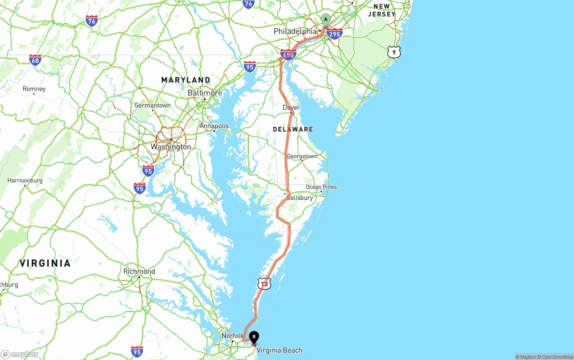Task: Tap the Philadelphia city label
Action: [x=295, y=31]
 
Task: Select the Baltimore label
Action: [x=204, y=93]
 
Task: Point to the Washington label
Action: [x=170, y=147]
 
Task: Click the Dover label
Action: [x=291, y=108]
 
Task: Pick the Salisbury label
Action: [x=300, y=198]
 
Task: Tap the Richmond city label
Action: [x=139, y=271]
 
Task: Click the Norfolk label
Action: [x=232, y=336]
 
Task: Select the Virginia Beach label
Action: [x=279, y=350]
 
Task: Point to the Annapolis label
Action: [x=214, y=126]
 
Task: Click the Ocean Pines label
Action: [x=321, y=187]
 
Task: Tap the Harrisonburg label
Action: [x=25, y=181]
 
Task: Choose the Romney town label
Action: [x=34, y=89]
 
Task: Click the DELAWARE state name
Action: [x=293, y=129]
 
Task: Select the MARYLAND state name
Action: [x=186, y=80]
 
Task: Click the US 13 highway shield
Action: [x=264, y=283]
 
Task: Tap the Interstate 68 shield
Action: [x=35, y=60]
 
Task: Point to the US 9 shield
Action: [x=394, y=52]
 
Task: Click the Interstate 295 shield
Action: [x=335, y=34]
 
